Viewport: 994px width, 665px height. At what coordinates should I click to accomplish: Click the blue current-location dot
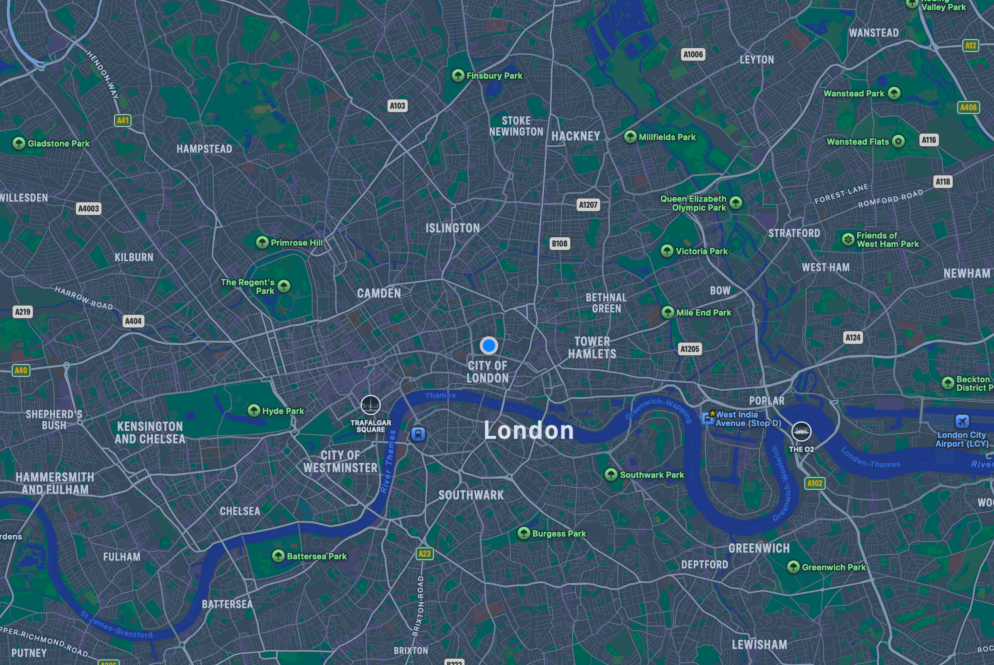click(x=489, y=346)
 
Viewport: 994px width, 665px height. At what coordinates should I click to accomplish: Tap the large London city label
click(x=529, y=430)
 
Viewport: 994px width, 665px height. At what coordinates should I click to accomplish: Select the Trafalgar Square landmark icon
click(x=371, y=405)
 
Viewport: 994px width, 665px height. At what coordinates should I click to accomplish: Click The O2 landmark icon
click(x=801, y=432)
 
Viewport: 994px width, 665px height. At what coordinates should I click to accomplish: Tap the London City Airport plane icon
click(x=962, y=421)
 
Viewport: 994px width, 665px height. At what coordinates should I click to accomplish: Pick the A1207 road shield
click(x=588, y=205)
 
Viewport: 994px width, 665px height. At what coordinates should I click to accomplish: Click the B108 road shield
click(x=559, y=244)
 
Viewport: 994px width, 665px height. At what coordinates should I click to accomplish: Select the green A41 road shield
click(x=123, y=121)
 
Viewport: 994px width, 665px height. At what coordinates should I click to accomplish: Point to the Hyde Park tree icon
click(x=254, y=410)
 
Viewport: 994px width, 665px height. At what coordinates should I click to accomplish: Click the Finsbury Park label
click(x=494, y=76)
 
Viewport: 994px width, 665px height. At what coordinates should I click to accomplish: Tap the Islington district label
click(x=453, y=228)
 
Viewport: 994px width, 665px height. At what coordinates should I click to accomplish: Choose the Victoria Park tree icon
click(x=667, y=251)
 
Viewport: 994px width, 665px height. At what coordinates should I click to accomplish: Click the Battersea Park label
click(x=317, y=556)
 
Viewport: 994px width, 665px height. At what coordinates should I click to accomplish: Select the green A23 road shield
click(x=424, y=553)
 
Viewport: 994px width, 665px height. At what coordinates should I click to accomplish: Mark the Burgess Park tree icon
click(x=524, y=533)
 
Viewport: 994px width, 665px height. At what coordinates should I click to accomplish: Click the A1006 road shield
click(x=693, y=54)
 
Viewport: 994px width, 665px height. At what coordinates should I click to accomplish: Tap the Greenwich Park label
click(x=834, y=567)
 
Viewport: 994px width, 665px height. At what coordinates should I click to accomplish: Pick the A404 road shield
click(x=133, y=321)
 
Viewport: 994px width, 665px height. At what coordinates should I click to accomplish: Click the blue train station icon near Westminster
click(x=418, y=434)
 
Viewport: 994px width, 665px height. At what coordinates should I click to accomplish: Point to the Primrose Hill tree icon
click(x=262, y=242)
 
